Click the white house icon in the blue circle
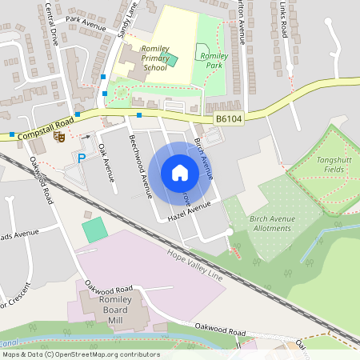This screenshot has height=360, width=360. [180, 172]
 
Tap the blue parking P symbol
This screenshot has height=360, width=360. [81, 158]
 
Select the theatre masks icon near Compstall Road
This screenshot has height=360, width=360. [58, 137]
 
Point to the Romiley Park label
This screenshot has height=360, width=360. [214, 57]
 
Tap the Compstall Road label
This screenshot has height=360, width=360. [46, 126]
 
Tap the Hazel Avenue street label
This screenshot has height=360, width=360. [189, 210]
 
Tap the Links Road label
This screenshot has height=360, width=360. [282, 18]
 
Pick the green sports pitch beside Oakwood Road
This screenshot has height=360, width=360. [94, 230]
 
